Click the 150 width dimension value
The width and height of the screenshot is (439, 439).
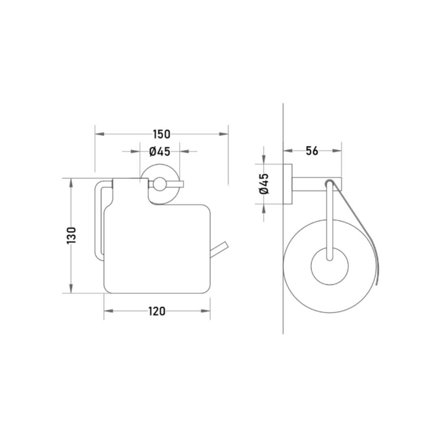click(161, 135)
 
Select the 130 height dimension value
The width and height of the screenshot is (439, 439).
click(72, 235)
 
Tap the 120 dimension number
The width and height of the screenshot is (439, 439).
click(157, 311)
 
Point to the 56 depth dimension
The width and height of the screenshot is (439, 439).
click(312, 151)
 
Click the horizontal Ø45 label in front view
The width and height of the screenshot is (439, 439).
click(160, 152)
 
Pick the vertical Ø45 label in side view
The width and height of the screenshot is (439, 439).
click(264, 184)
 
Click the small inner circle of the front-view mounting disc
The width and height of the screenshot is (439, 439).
click(160, 184)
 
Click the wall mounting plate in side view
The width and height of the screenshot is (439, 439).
click(287, 184)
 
